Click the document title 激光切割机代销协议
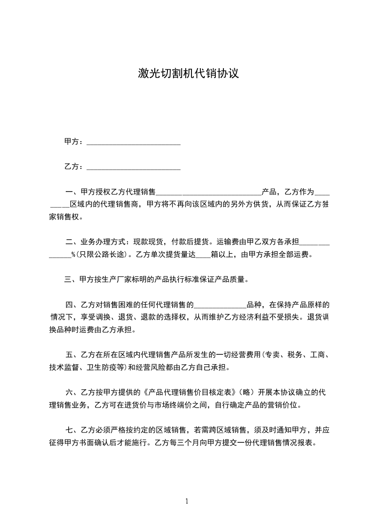(x=189, y=73)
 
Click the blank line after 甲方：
(x=134, y=142)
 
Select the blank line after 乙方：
(x=134, y=167)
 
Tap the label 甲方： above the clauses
(x=74, y=142)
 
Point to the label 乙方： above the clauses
(x=74, y=167)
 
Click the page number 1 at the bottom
(x=187, y=501)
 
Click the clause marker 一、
(x=72, y=192)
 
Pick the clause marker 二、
(x=72, y=243)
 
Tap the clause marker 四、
(x=72, y=304)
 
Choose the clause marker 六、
(x=72, y=392)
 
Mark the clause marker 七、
(x=72, y=430)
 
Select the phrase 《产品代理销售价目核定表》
(x=189, y=392)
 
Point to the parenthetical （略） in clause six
(x=247, y=392)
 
